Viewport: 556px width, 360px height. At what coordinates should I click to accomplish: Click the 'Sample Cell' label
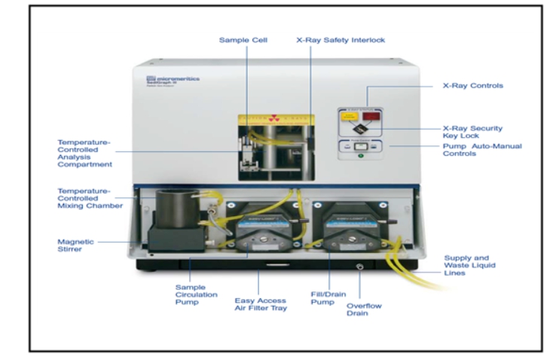point(243,39)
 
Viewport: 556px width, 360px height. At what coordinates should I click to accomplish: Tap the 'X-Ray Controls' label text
point(472,85)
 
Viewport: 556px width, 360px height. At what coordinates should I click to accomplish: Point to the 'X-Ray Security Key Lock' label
point(472,133)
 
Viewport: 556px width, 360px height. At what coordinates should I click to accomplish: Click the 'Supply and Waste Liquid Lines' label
point(472,267)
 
